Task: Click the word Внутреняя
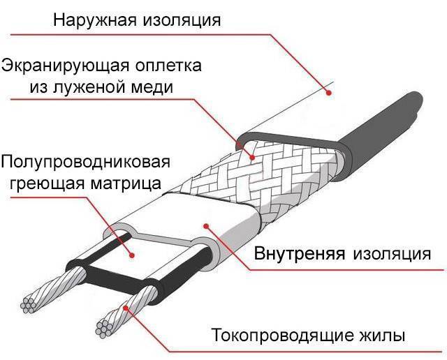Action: [300, 251]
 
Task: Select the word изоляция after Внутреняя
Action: [391, 251]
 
